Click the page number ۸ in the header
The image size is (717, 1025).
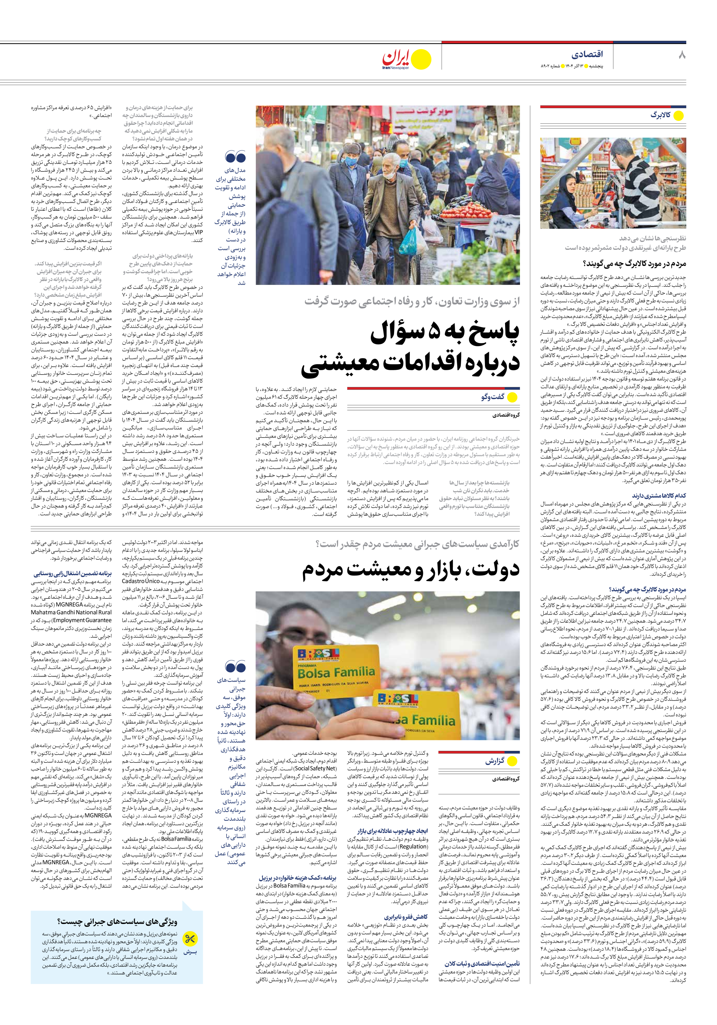(681, 55)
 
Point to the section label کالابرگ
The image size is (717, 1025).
(660, 115)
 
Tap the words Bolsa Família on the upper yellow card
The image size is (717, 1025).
(336, 672)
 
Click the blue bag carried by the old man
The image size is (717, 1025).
(410, 240)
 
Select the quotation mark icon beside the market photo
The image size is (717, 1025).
(235, 157)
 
